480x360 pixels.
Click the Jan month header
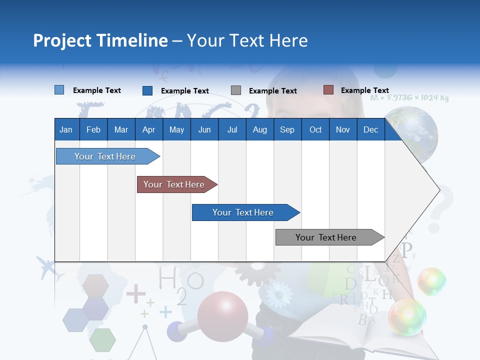66,129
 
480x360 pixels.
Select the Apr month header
148,129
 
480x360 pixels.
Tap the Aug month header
259,129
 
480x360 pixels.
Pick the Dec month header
370,129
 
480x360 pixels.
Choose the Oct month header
315,129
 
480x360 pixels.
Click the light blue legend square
59,90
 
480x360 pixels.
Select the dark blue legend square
147,90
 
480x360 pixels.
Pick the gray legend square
235,90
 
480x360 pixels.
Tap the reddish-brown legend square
328,90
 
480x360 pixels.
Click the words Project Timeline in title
100,40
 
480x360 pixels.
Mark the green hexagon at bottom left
102,340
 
